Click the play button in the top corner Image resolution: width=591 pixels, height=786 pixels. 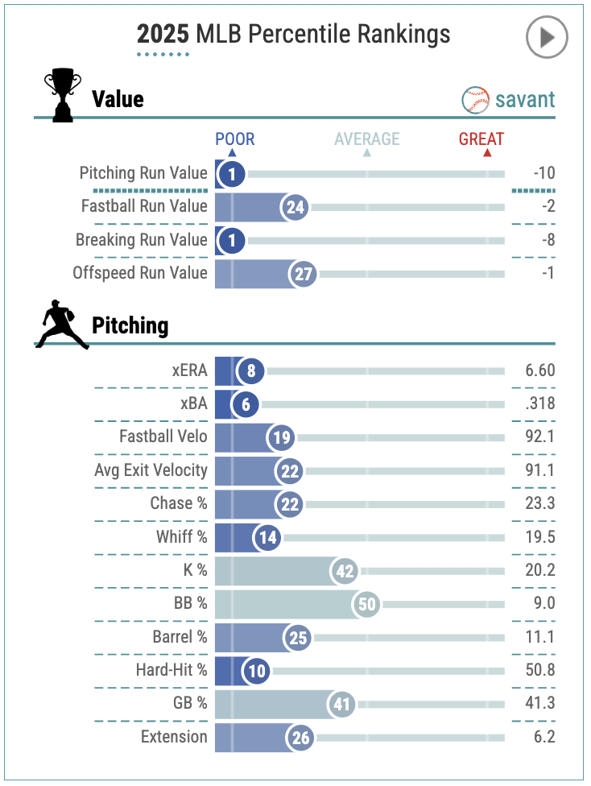coord(547,37)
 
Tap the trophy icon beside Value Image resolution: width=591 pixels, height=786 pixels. coord(62,96)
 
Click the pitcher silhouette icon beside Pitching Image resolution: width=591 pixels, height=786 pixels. coord(62,325)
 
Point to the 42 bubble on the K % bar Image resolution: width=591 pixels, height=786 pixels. coord(344,571)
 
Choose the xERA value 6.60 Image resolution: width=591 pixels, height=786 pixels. coord(539,371)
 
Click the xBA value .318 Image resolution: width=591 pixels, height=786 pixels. coord(539,404)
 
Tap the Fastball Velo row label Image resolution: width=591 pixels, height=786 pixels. coord(163,437)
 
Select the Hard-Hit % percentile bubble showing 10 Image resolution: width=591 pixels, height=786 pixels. coord(257,670)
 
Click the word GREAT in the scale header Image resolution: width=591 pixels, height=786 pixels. coord(481,139)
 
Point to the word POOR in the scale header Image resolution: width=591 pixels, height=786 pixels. coord(234,139)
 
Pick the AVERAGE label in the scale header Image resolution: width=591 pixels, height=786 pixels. coord(367,139)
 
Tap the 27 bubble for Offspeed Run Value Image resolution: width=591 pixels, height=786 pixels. coord(303,274)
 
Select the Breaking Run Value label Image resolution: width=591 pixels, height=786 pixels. coord(141,240)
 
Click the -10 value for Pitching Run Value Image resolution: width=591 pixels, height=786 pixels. coord(543,173)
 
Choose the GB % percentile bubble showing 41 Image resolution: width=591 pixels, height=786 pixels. coord(341,704)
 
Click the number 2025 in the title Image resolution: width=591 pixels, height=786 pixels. coord(163,35)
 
